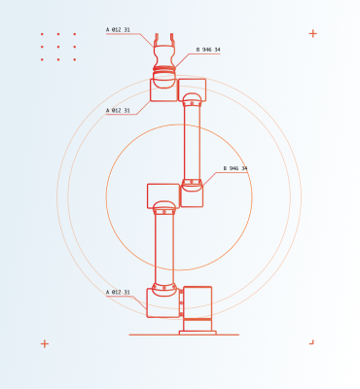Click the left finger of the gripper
(x=157, y=38)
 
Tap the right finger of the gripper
(x=172, y=38)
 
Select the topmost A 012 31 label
(x=118, y=30)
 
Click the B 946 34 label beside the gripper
(x=208, y=50)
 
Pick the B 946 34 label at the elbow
(x=235, y=168)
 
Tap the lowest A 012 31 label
(x=118, y=293)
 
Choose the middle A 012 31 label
(x=118, y=111)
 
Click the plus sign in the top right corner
(x=313, y=33)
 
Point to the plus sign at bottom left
(x=45, y=344)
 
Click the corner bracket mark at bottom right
(x=312, y=342)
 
